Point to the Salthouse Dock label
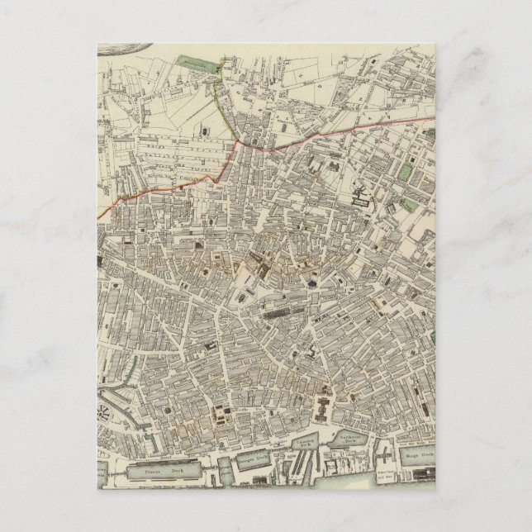pos(350,441)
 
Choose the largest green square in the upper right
pos(405,173)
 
